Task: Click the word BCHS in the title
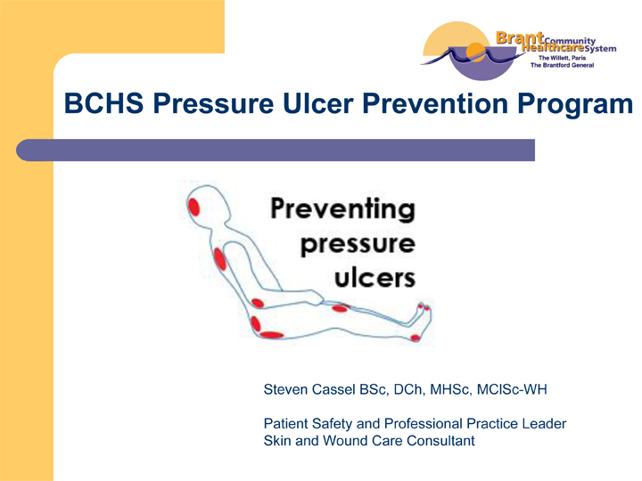(103, 103)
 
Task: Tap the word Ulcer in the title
(317, 103)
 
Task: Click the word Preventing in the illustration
(343, 209)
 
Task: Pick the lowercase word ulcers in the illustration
(375, 278)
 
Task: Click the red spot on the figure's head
(193, 207)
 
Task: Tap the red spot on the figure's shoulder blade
(220, 259)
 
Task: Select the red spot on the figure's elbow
(258, 303)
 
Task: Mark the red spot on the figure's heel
(416, 338)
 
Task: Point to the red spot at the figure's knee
(340, 308)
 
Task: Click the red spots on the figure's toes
(424, 306)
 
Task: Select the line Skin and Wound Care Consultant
(369, 441)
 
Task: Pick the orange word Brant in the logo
(520, 38)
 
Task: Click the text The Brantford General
(562, 65)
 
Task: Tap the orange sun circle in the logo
(476, 52)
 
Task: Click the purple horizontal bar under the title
(276, 151)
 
